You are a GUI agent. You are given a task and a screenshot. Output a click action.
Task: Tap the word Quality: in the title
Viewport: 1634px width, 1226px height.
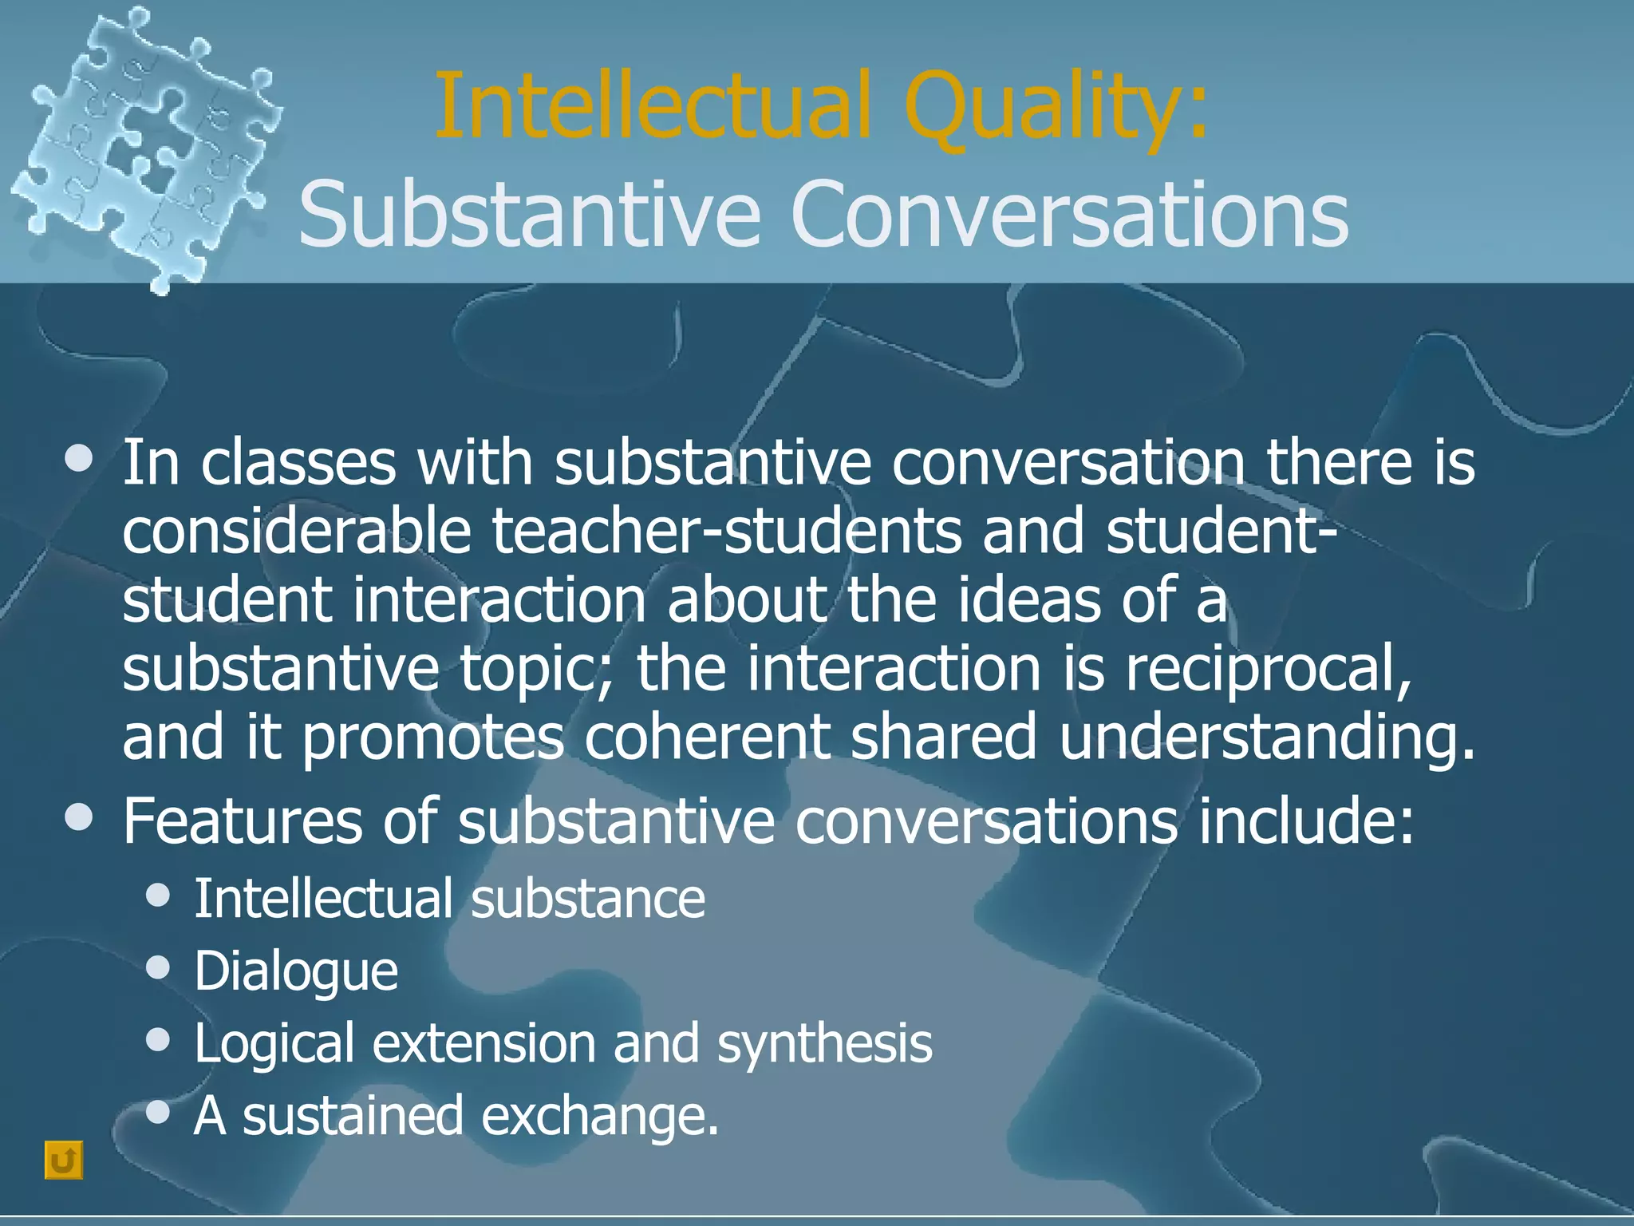(1056, 108)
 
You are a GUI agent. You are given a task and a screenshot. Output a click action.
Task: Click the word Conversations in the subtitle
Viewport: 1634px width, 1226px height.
(1069, 214)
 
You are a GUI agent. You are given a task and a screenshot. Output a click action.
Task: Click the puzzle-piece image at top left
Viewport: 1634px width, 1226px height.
(144, 148)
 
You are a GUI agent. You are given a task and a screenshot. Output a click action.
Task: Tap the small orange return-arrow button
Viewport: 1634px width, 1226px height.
(63, 1160)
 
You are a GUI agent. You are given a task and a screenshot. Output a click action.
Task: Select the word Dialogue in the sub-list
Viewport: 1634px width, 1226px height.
(296, 971)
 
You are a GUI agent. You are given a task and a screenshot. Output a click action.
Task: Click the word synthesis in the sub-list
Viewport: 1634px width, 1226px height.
(824, 1044)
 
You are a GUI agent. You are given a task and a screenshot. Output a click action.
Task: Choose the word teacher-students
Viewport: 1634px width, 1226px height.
(726, 532)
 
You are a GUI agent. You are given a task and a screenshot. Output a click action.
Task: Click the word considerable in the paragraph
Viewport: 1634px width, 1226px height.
(296, 532)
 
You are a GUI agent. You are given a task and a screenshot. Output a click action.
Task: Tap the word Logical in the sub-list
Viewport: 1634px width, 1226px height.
(274, 1044)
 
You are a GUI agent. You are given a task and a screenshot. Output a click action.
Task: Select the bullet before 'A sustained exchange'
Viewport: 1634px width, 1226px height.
(159, 1111)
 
